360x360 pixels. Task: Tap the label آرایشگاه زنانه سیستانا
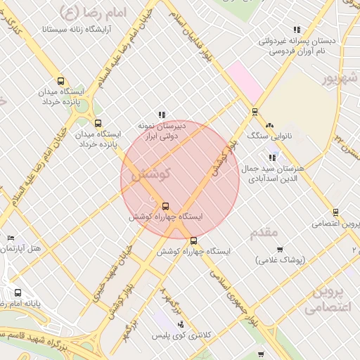pyautogui.click(x=63, y=30)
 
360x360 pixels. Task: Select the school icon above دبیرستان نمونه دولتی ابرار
pyautogui.click(x=162, y=115)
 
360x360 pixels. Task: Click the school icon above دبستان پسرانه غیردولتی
pyautogui.click(x=297, y=30)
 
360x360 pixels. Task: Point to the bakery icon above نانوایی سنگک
pyautogui.click(x=270, y=125)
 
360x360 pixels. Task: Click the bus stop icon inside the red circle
pyautogui.click(x=165, y=206)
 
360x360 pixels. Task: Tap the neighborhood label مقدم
pyautogui.click(x=264, y=232)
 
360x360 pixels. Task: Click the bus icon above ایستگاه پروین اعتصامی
pyautogui.click(x=335, y=212)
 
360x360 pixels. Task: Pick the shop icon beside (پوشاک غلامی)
pyautogui.click(x=280, y=249)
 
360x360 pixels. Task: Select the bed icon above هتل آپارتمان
pyautogui.click(x=9, y=239)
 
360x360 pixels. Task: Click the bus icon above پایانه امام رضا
pyautogui.click(x=18, y=292)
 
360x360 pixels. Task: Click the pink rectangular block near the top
pyautogui.click(x=243, y=79)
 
